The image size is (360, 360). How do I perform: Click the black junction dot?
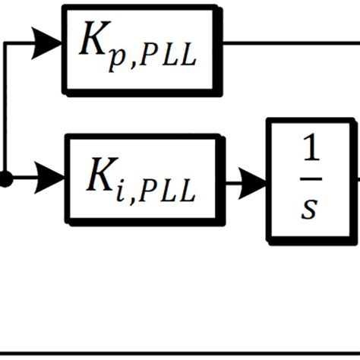[5, 179]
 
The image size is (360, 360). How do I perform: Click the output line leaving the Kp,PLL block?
[289, 43]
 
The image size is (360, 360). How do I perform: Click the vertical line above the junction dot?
[5, 114]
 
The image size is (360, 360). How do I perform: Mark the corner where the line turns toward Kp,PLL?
[5, 43]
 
